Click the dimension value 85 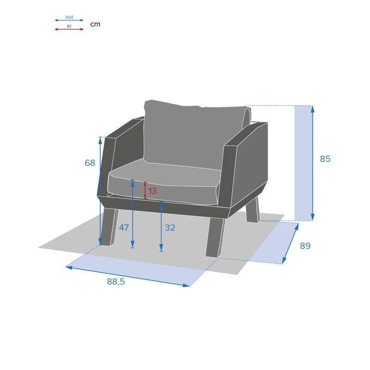pos(325,159)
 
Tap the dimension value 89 pos(305,246)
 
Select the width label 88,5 pos(116,282)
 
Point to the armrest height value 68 pos(90,163)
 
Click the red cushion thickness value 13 pos(153,191)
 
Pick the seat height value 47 pos(124,228)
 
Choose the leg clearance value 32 pos(170,228)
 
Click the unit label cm pos(95,24)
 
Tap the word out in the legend pos(69,17)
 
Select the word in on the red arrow pos(69,26)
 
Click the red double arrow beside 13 pos(145,191)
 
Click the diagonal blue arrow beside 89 pos(290,243)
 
